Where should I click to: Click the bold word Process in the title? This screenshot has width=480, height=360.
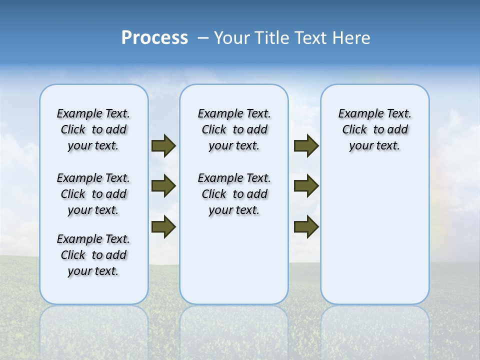[154, 38]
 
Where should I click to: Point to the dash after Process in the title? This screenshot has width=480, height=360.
[203, 38]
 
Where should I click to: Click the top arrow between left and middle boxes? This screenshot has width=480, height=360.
[163, 146]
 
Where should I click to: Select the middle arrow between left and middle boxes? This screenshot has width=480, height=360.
[163, 186]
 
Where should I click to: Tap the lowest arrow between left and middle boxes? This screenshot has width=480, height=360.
[163, 226]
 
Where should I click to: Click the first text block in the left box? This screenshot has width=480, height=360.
[93, 129]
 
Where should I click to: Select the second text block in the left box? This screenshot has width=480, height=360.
[93, 194]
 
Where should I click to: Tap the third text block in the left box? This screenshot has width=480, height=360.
[93, 255]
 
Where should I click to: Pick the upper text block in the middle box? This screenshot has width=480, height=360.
[234, 129]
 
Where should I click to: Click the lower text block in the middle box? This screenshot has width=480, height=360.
[234, 194]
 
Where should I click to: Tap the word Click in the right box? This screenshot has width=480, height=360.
[354, 130]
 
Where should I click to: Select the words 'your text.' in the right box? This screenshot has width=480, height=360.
[374, 146]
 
